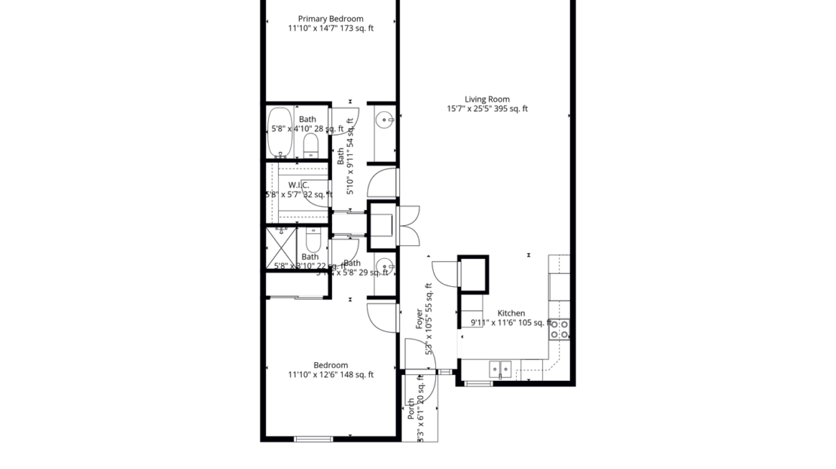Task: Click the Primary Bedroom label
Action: pos(331,19)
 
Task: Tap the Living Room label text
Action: pos(487,99)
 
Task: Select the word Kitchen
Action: pos(511,313)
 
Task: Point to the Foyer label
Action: pos(420,319)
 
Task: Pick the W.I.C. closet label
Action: pos(299,185)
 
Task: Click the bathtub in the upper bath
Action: pos(281,131)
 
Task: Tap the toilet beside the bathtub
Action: pos(311,144)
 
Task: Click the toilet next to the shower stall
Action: pos(313,240)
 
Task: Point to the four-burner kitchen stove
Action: pos(560,328)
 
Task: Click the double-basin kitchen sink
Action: pos(499,368)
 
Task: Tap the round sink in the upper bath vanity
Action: pos(385,119)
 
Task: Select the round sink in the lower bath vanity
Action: pos(385,265)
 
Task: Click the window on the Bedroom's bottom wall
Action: pos(313,438)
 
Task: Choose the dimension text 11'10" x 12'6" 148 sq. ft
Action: pos(331,375)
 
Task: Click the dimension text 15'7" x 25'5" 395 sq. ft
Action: pos(487,108)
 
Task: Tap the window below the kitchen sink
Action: pos(478,384)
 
